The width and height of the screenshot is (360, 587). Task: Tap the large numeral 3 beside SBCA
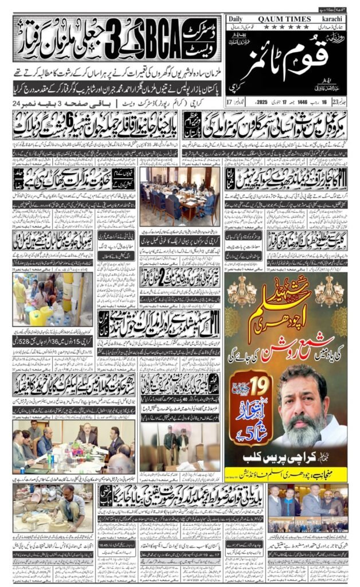(104, 41)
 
